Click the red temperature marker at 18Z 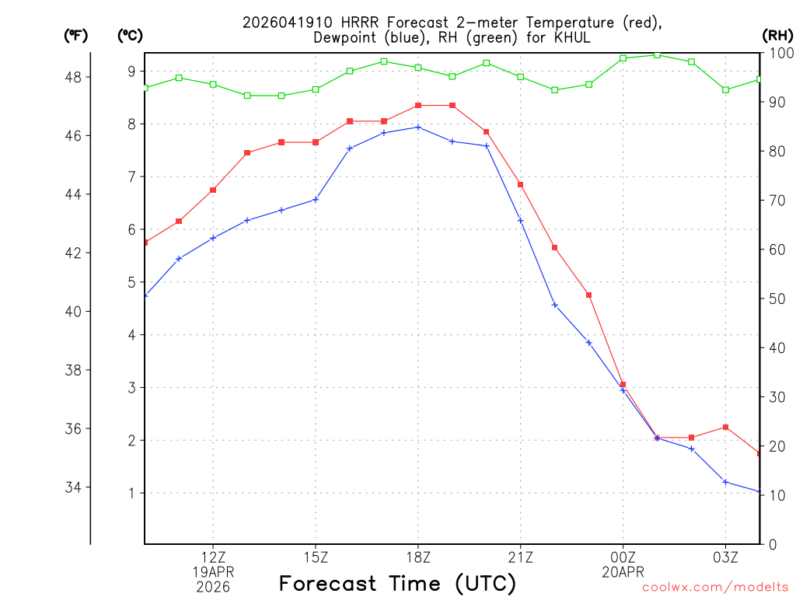(x=418, y=105)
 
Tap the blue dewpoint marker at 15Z (x=316, y=200)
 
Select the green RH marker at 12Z (x=213, y=84)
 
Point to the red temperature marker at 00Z (x=623, y=384)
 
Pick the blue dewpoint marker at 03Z (x=725, y=482)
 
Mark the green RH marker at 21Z (x=521, y=76)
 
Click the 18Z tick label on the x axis (x=418, y=557)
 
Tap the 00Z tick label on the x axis (x=623, y=557)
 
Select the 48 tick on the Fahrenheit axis (x=77, y=77)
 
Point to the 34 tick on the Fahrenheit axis (x=77, y=487)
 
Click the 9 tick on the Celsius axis (x=131, y=72)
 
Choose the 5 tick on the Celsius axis (x=131, y=282)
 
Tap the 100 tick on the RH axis (x=777, y=53)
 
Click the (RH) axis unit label (x=777, y=35)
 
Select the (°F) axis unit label (x=77, y=35)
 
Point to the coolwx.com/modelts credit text (x=715, y=588)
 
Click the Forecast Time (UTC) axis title (x=397, y=583)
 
